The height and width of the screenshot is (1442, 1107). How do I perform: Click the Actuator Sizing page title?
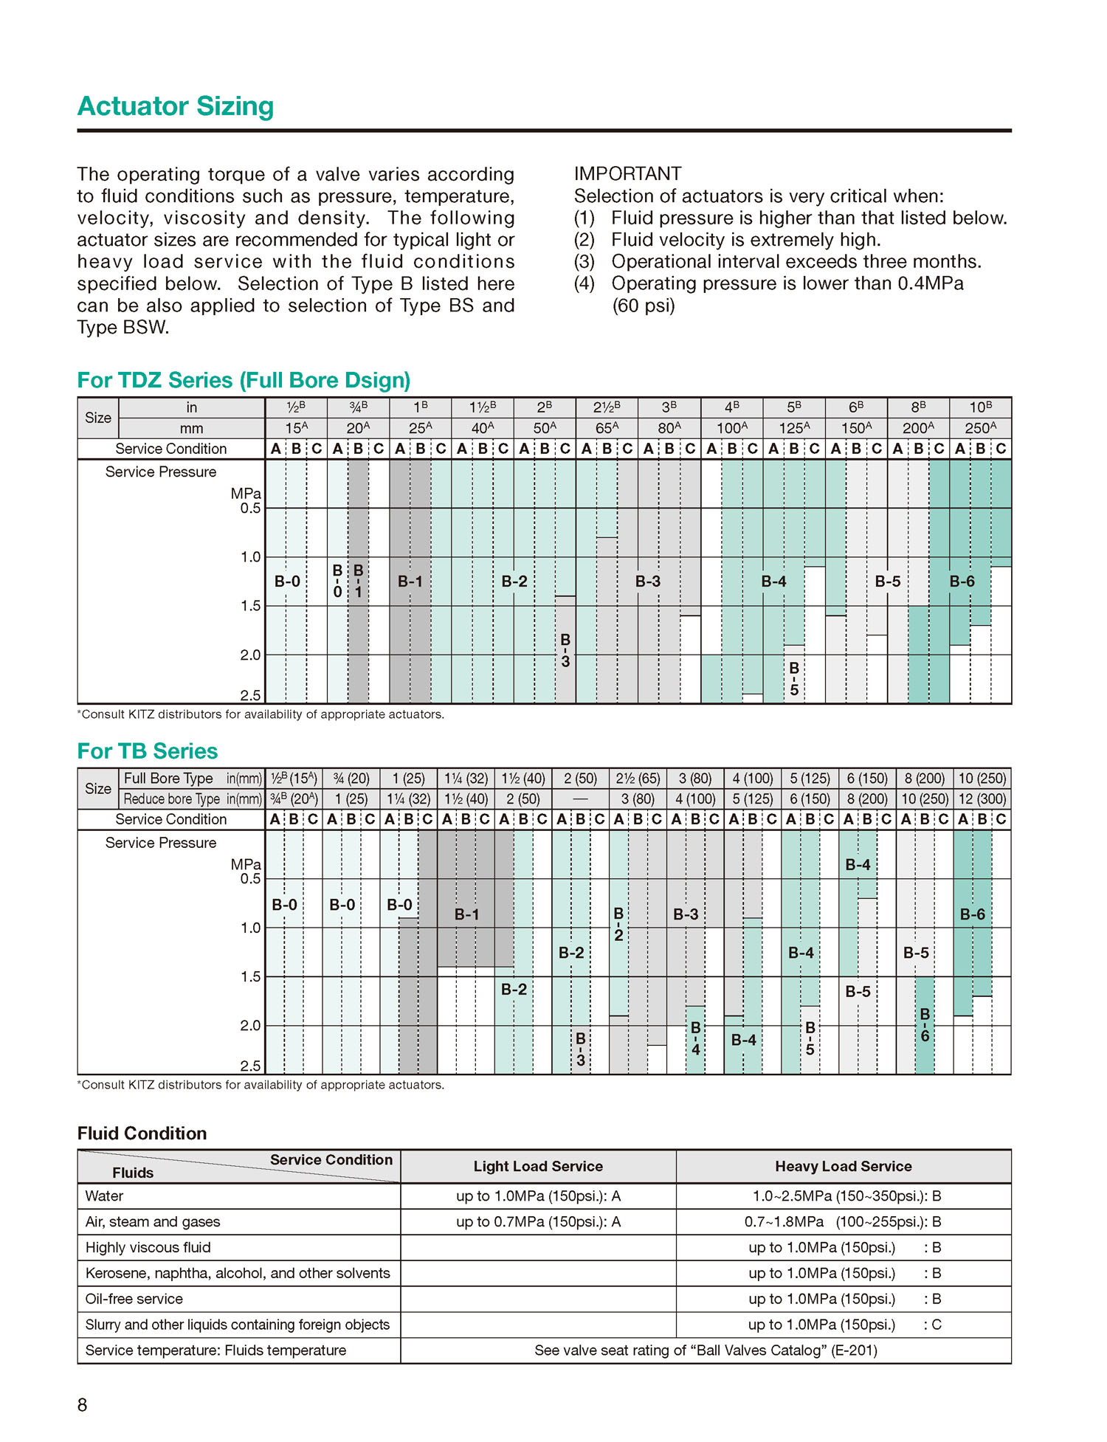click(x=176, y=106)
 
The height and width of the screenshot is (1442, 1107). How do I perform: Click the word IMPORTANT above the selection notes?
click(x=627, y=174)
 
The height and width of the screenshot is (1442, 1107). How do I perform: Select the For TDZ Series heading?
click(x=244, y=380)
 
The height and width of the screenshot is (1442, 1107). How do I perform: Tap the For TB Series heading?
click(x=148, y=751)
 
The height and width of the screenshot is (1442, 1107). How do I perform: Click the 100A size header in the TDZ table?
click(x=731, y=428)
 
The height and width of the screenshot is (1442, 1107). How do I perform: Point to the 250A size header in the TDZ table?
click(x=980, y=428)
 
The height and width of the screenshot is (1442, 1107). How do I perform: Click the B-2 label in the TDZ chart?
click(x=514, y=582)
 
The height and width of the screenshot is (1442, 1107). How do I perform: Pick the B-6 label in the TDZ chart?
click(x=962, y=582)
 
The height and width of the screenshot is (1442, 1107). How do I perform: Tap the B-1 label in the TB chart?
click(x=466, y=914)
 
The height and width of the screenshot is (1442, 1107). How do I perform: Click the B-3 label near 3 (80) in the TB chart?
click(x=686, y=914)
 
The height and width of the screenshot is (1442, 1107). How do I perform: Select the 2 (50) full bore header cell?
click(x=580, y=779)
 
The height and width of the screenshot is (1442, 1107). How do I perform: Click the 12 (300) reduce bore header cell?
click(x=982, y=799)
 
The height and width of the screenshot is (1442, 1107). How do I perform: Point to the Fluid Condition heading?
click(x=142, y=1134)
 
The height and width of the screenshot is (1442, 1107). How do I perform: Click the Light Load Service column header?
click(x=538, y=1167)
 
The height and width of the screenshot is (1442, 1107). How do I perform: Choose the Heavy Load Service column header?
click(x=843, y=1167)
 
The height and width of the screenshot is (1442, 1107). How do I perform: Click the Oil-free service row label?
click(x=134, y=1299)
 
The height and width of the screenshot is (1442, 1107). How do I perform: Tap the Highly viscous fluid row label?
click(x=148, y=1247)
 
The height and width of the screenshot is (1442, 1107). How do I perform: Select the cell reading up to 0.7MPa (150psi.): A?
click(x=538, y=1222)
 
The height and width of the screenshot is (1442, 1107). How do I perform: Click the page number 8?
click(x=83, y=1405)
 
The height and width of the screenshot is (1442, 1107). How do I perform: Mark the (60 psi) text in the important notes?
click(x=643, y=306)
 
